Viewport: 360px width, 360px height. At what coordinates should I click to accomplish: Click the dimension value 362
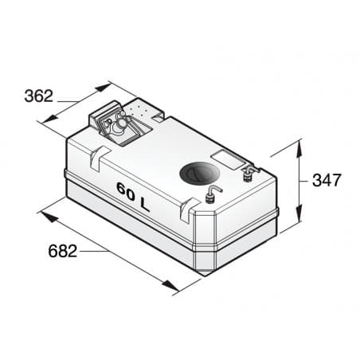(x=37, y=96)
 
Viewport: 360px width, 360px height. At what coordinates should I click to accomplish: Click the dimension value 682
(x=61, y=252)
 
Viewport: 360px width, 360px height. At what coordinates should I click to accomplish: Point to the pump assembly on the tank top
(x=118, y=126)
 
